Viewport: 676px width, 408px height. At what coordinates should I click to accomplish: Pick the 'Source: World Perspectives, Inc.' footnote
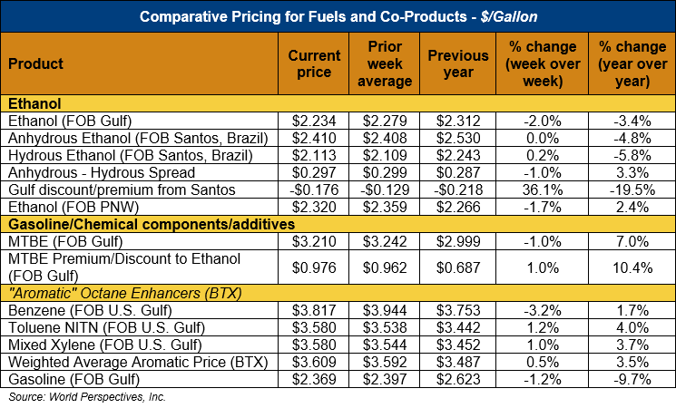click(x=87, y=397)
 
